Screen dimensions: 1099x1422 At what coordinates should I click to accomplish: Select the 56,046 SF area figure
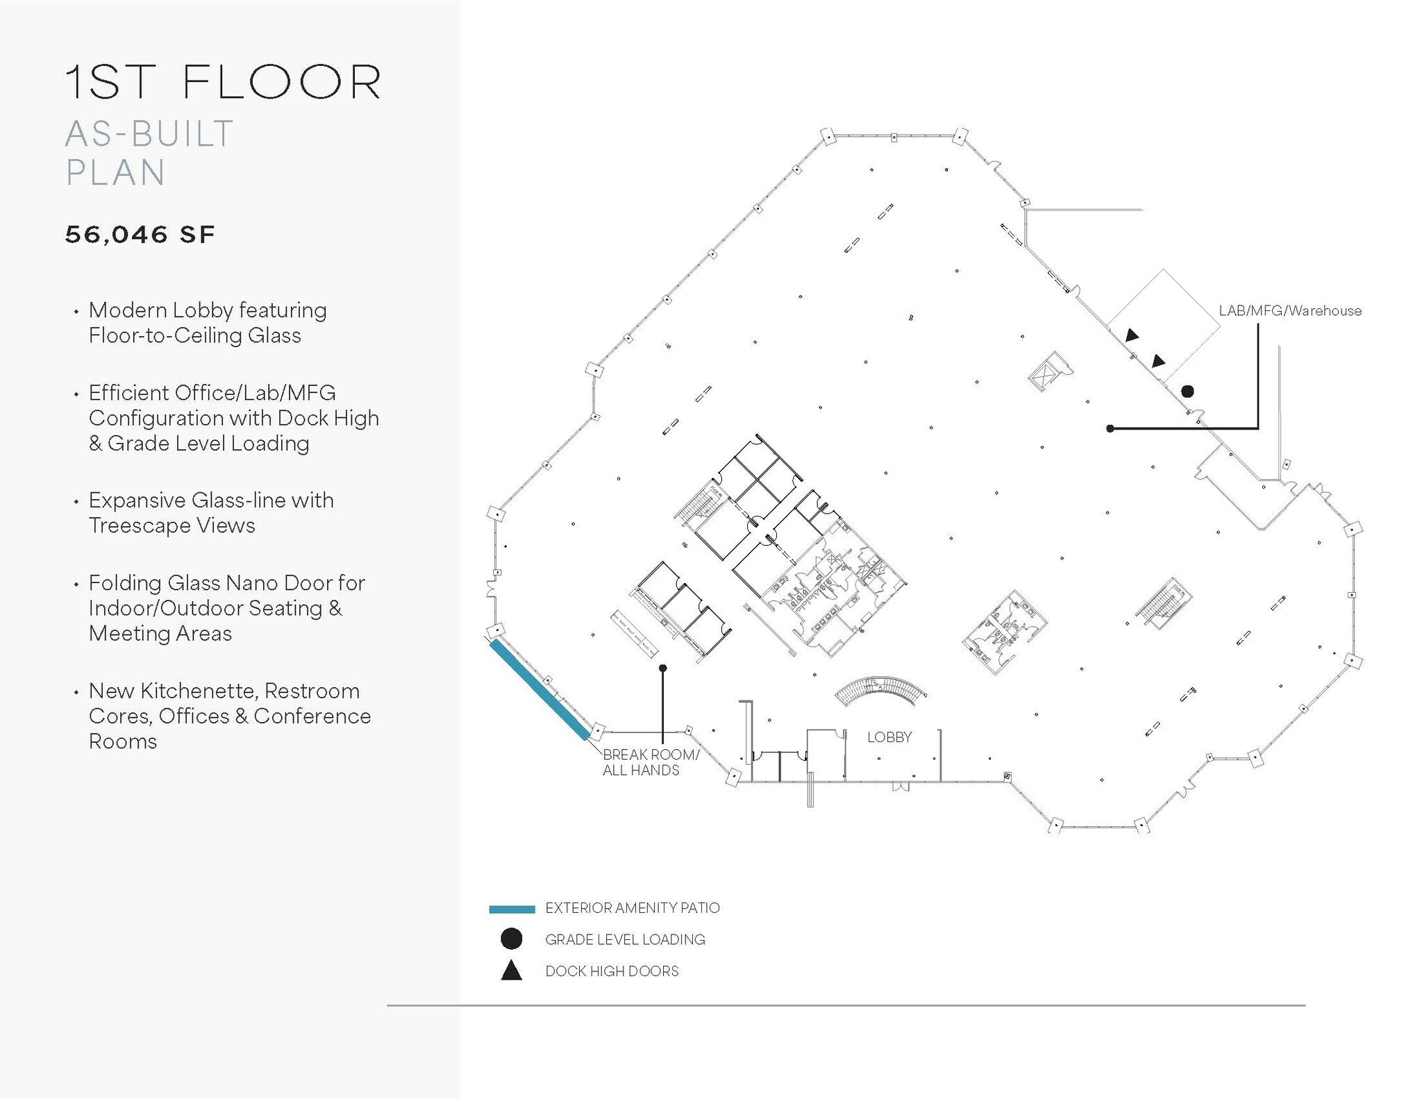tap(140, 235)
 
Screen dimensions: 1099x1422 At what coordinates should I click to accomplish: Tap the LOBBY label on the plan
tap(889, 737)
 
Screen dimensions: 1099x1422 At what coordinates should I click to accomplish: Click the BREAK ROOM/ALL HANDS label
tap(651, 762)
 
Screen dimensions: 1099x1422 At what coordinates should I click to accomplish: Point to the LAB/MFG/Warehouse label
tap(1290, 311)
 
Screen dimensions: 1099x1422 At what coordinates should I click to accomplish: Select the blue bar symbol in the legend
tap(512, 909)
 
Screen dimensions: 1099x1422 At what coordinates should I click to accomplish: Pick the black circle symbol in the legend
tap(512, 939)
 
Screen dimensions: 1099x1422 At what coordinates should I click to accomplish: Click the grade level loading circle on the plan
tap(1187, 392)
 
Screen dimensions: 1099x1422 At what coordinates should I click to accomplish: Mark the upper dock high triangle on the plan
tap(1132, 336)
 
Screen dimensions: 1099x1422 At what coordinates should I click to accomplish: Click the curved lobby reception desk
tap(880, 691)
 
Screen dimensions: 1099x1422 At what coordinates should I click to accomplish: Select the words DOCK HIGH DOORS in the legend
tap(612, 971)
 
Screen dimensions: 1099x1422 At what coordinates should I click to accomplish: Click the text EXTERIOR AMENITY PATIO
tap(632, 908)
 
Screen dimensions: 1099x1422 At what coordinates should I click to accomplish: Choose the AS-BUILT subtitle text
tap(149, 134)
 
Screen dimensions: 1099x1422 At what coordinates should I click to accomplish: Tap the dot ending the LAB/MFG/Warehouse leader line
tap(1110, 428)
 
